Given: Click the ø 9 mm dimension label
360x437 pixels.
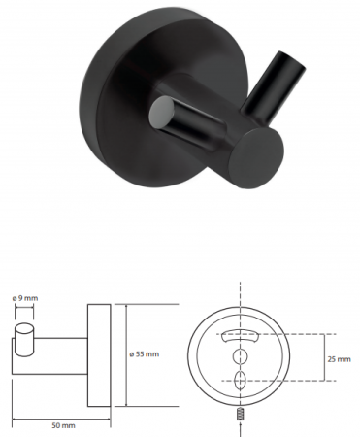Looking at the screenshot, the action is [25, 298].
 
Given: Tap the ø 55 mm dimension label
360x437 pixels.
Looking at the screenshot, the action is [145, 354].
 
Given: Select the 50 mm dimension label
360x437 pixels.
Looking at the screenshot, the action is [63, 425].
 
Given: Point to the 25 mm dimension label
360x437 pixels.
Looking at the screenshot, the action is [339, 359].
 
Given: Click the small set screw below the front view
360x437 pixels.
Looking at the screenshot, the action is [240, 415].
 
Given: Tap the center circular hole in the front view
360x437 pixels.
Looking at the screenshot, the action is [240, 356].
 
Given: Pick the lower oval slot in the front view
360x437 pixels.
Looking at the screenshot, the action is [240, 381].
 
